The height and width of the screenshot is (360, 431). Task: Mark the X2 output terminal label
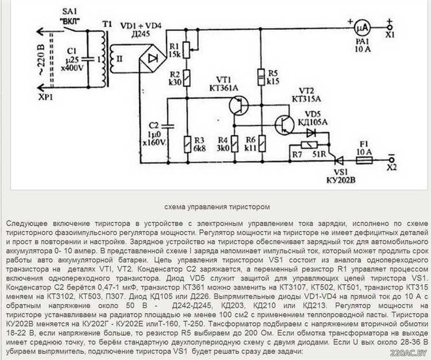(x=391, y=168)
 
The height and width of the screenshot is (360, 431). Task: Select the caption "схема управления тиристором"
(x=215, y=206)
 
